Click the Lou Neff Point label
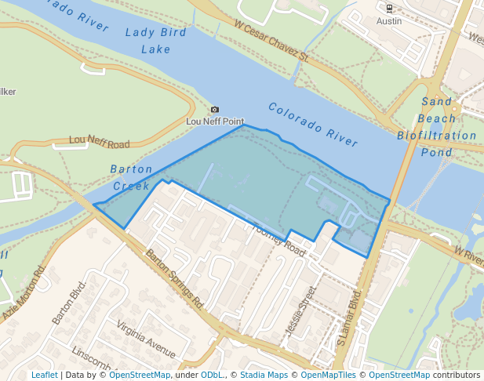(x=215, y=122)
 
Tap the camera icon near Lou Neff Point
(x=215, y=110)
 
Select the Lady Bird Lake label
(x=156, y=41)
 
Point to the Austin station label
(x=389, y=21)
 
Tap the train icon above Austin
(x=389, y=9)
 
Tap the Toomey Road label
(x=278, y=238)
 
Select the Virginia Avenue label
(x=146, y=336)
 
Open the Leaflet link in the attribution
(x=44, y=376)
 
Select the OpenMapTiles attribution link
(x=329, y=376)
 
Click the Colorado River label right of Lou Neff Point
(x=312, y=125)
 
